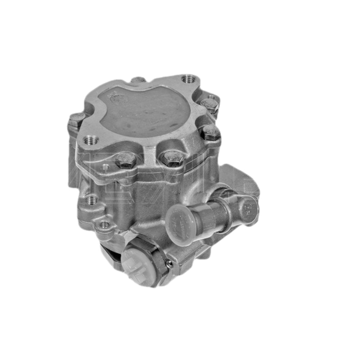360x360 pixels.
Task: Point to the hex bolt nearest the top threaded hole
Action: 210,104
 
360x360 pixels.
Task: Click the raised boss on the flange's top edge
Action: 138,80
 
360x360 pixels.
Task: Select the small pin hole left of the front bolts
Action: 105,167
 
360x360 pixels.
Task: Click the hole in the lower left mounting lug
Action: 104,224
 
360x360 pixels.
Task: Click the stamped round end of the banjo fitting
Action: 247,208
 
